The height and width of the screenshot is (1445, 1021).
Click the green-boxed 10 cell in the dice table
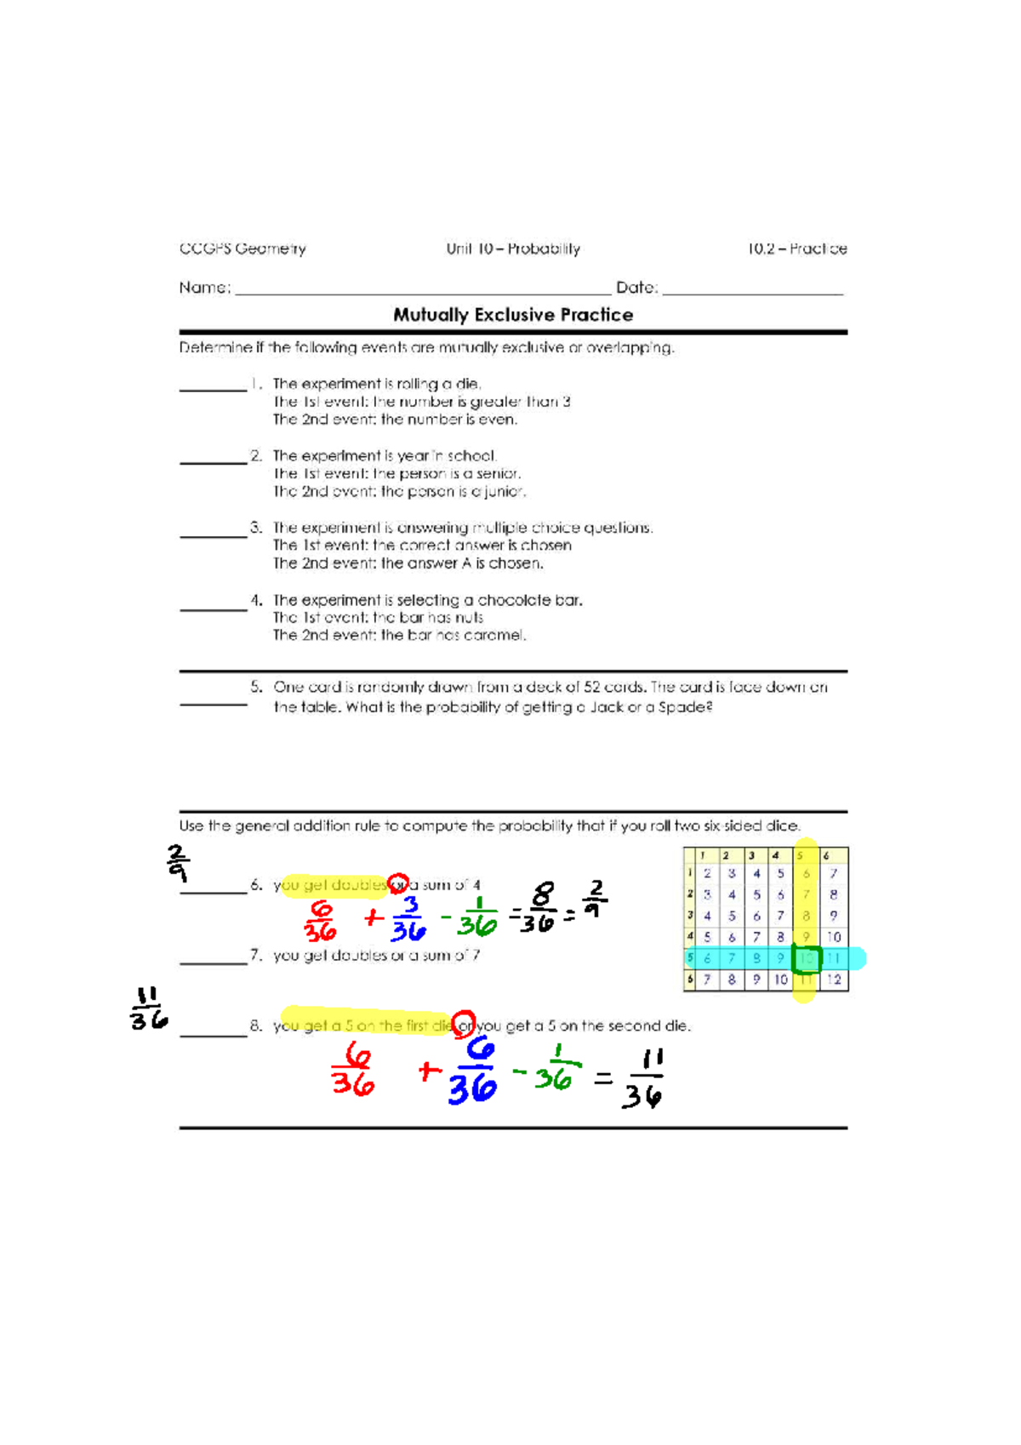806,959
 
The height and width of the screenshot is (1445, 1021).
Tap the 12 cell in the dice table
834,980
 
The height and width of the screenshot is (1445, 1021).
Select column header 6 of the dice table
827,855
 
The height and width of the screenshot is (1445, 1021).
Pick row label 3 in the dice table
690,916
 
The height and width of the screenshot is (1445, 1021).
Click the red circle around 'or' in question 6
398,883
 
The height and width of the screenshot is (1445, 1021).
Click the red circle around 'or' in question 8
464,1024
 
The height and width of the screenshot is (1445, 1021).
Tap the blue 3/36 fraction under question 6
408,919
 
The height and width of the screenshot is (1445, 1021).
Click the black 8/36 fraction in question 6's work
539,908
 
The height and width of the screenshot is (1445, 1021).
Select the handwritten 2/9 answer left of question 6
177,863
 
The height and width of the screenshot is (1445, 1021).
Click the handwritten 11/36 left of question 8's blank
148,1008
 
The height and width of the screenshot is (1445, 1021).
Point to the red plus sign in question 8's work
430,1071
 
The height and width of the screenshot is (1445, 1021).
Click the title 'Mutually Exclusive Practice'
513,315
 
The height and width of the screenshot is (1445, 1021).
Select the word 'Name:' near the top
204,288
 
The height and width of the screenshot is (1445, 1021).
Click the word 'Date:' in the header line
636,288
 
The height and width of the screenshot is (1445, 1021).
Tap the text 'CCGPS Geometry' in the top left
242,248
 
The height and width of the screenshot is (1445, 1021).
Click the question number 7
255,955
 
